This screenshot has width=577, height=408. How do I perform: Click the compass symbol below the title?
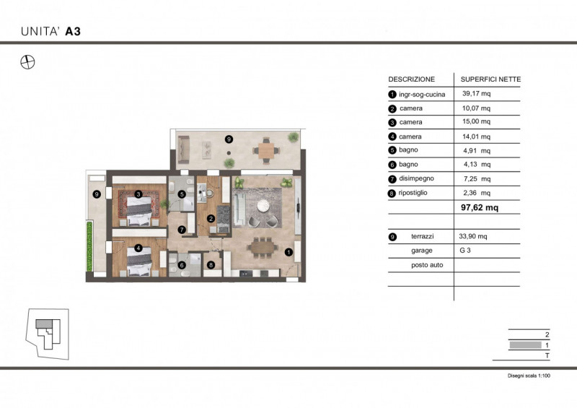click(27, 62)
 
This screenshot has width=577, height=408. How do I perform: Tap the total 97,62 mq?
click(480, 207)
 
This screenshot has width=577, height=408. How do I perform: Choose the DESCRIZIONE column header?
click(411, 79)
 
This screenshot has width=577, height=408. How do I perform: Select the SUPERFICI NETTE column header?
click(490, 79)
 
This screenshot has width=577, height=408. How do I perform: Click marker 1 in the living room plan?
click(288, 252)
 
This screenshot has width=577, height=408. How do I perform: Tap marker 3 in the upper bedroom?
click(138, 194)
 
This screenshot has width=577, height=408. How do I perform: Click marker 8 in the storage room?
click(211, 265)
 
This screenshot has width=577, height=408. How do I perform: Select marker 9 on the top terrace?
click(229, 139)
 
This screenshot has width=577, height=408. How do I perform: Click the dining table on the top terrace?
click(267, 150)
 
